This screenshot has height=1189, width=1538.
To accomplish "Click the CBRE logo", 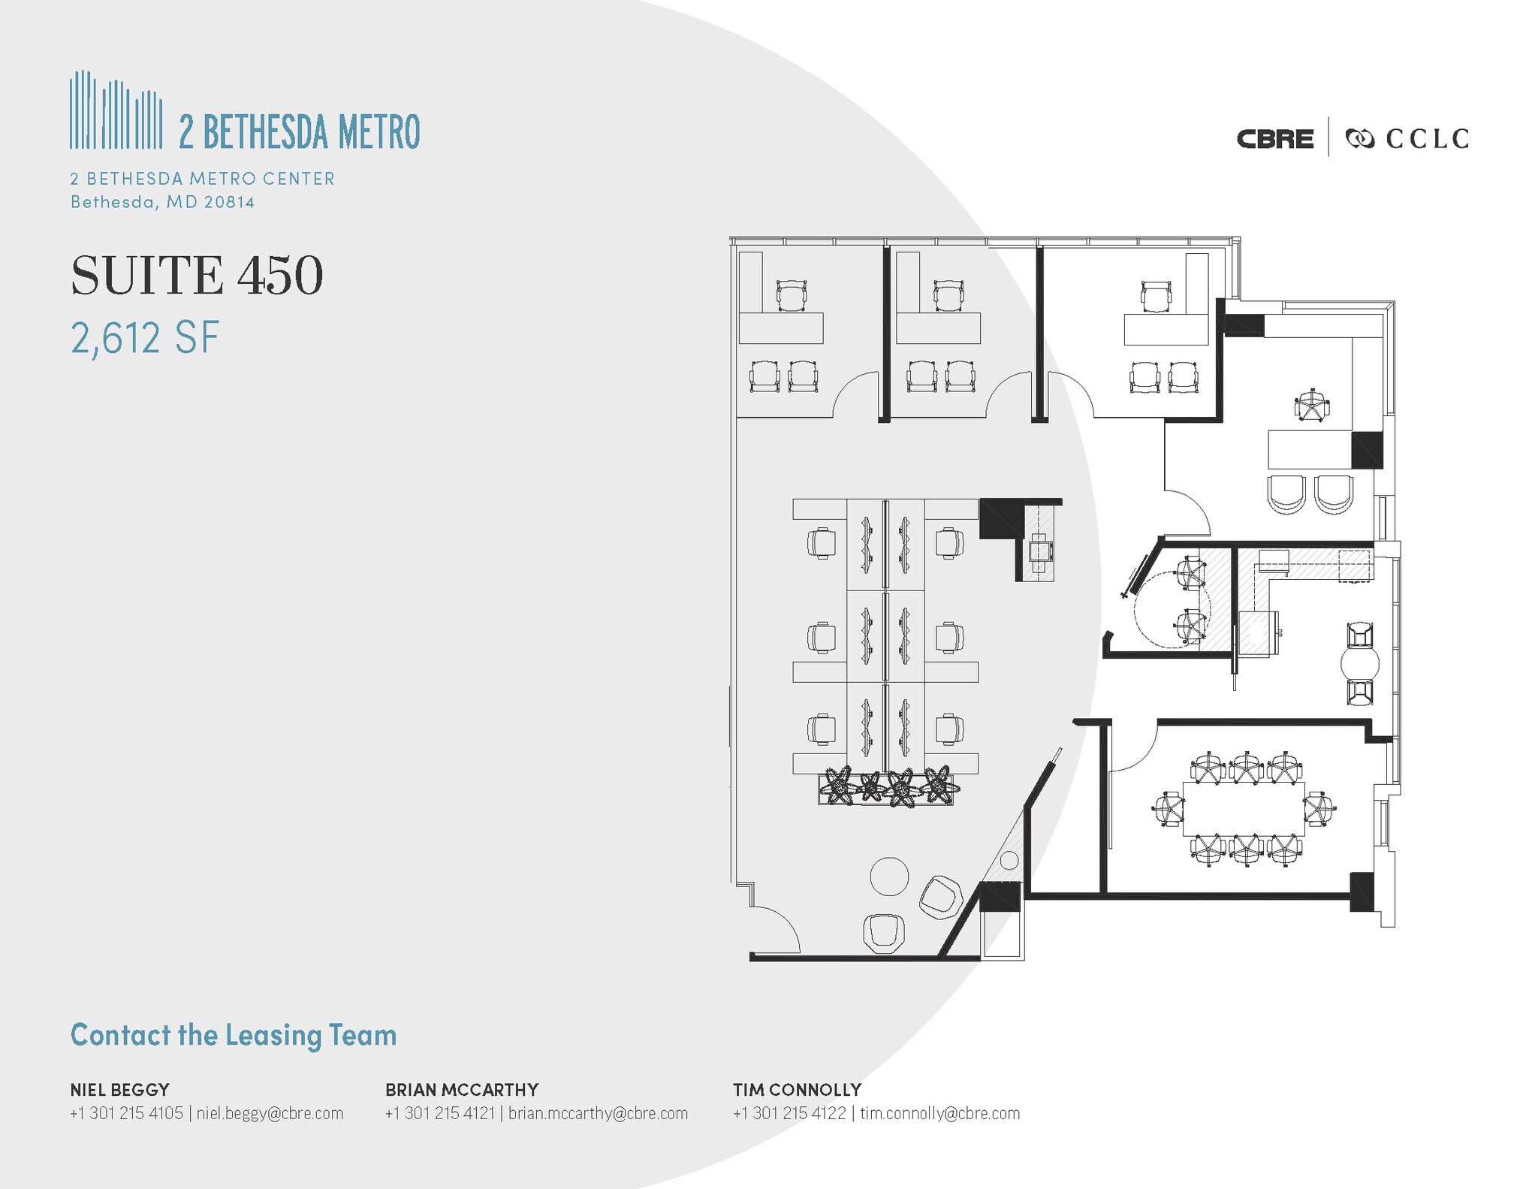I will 1274,139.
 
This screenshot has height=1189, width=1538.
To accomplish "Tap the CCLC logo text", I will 1426,139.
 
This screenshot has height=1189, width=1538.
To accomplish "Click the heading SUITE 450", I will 197,276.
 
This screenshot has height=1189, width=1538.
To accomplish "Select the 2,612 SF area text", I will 145,337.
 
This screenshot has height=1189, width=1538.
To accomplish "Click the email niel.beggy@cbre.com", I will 270,1113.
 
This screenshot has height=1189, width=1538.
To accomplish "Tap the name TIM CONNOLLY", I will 797,1089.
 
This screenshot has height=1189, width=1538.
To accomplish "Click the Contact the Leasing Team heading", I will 234,1035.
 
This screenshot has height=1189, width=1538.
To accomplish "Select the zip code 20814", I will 230,202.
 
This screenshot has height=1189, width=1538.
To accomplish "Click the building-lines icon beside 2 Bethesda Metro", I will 116,110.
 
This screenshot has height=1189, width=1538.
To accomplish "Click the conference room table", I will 1243,808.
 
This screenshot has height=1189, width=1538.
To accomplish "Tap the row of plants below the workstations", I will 886,787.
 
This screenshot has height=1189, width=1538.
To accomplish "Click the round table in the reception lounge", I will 889,876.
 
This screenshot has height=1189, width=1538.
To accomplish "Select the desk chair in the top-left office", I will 790,295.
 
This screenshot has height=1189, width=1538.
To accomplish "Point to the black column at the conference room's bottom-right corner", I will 1362,892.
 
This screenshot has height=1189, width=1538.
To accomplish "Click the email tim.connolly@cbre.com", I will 939,1113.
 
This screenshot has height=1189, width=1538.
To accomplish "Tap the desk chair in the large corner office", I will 1312,406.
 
